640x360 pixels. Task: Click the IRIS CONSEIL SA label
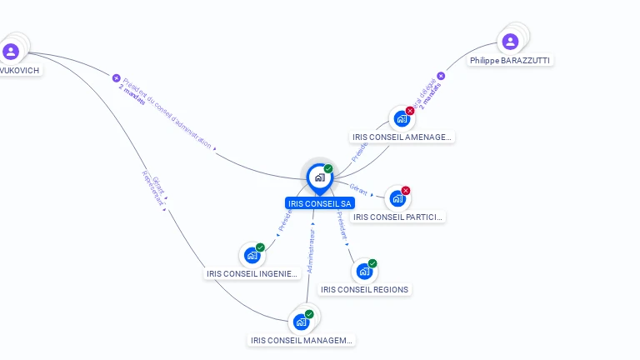point(320,203)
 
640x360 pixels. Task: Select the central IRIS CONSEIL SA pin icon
point(319,177)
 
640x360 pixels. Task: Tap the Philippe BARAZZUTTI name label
point(510,61)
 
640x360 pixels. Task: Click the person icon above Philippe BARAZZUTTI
point(510,41)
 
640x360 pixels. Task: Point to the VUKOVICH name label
point(19,71)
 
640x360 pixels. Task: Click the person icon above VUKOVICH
point(11,52)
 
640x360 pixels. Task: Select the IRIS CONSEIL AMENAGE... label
point(402,137)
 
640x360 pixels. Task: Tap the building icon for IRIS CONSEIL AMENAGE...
point(402,118)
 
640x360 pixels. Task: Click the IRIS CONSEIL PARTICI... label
point(397,217)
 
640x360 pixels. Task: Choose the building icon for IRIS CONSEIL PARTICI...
point(397,198)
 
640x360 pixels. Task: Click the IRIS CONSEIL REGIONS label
point(364,290)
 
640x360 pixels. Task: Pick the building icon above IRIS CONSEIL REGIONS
point(363,271)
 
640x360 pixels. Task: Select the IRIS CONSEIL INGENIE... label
point(252,273)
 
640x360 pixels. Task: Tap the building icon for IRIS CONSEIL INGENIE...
point(252,255)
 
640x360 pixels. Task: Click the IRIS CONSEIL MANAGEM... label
point(302,340)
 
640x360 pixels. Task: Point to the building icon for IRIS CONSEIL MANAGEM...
point(301,322)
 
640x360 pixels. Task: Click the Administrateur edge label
point(311,247)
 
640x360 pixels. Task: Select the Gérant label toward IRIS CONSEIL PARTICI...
point(359,190)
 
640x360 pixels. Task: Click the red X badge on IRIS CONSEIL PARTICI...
point(406,191)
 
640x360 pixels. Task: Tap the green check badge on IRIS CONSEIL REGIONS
point(372,263)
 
